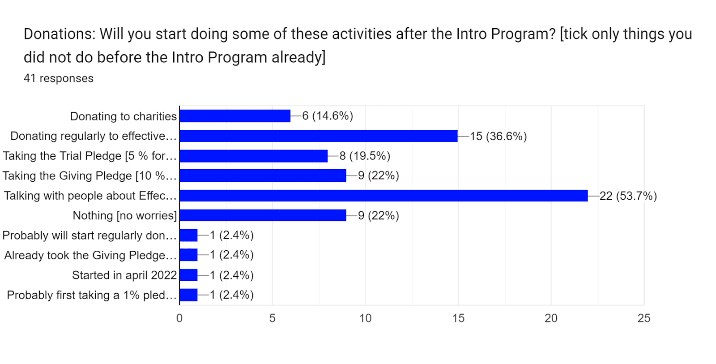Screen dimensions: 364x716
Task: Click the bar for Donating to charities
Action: tap(235, 116)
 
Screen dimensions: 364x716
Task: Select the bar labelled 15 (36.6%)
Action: tap(319, 136)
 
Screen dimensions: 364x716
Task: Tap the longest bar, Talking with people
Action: tap(384, 196)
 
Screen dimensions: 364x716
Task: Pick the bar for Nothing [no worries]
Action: tap(263, 215)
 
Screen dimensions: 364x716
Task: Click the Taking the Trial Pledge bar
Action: tap(253, 156)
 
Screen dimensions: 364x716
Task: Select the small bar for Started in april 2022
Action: tap(188, 275)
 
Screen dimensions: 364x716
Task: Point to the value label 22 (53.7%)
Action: tap(628, 196)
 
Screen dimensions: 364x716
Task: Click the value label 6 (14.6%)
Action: tap(328, 116)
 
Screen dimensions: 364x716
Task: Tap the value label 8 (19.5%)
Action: tap(365, 156)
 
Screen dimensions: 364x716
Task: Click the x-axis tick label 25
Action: tap(644, 318)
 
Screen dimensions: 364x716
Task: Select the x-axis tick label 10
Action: tap(365, 318)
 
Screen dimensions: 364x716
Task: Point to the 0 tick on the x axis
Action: tap(179, 318)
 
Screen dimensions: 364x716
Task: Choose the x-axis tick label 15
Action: tap(458, 318)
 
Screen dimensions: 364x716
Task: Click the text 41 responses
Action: tap(59, 78)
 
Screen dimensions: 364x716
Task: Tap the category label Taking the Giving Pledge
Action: tap(89, 176)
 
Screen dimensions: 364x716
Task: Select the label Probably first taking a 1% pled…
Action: tap(91, 295)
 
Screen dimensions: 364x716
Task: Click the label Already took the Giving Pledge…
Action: tap(90, 255)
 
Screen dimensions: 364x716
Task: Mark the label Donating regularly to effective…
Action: tap(93, 136)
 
